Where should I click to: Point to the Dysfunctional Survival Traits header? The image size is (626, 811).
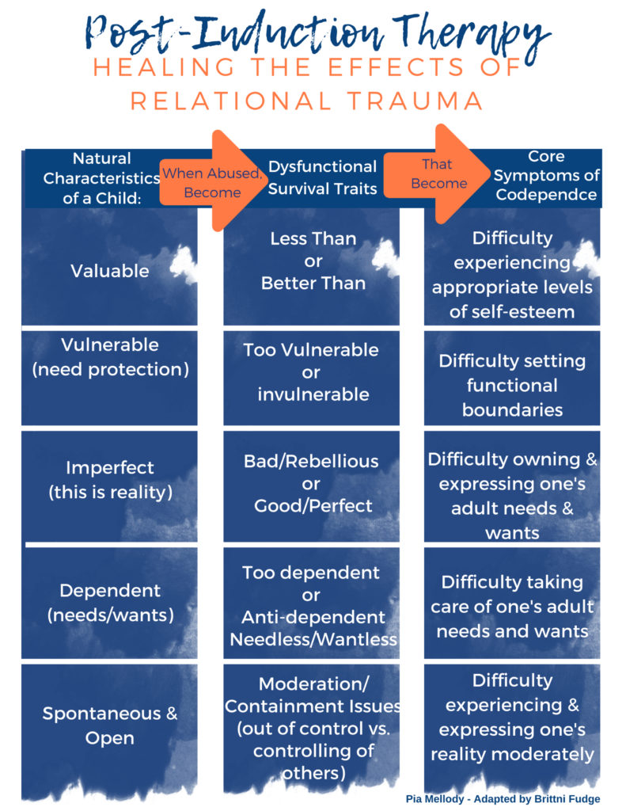pos(322,178)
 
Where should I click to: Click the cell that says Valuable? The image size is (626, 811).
pos(109,271)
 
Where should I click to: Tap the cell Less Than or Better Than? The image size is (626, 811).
pos(313,261)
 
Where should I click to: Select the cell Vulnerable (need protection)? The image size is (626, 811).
pos(109,357)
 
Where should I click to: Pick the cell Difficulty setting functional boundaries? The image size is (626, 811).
pos(512,385)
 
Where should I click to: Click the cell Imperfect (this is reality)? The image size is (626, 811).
pos(109,480)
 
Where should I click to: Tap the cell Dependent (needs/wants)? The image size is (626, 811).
pos(109,602)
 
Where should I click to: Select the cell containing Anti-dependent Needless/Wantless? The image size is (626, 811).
pos(313,606)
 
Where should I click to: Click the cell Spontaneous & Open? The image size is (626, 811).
pos(109,725)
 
